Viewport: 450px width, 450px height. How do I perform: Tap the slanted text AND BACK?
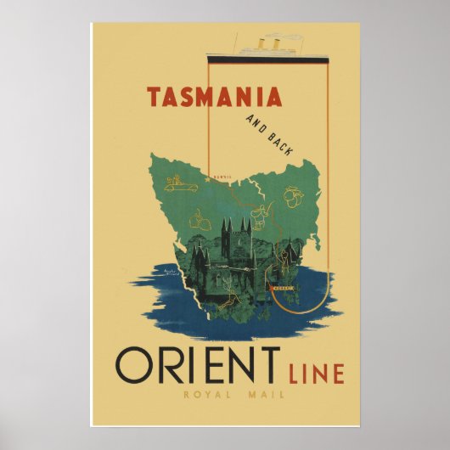coord(267,134)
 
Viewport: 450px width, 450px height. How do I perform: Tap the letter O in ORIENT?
coord(134,365)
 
